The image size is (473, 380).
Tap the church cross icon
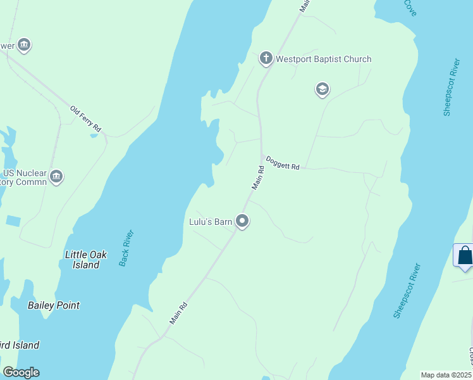266,59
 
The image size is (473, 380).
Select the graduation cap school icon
322,89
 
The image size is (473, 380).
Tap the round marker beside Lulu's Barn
242,221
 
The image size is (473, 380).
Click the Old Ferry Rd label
85,118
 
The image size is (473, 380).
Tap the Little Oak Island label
86,260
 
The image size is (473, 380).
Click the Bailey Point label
54,305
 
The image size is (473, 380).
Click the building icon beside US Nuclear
56,176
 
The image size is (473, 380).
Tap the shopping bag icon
465,255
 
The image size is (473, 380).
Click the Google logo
21,372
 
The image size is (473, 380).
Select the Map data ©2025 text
445,375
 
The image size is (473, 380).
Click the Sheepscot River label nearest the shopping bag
407,291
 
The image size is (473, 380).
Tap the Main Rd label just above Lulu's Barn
259,178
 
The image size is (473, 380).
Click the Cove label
410,8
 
